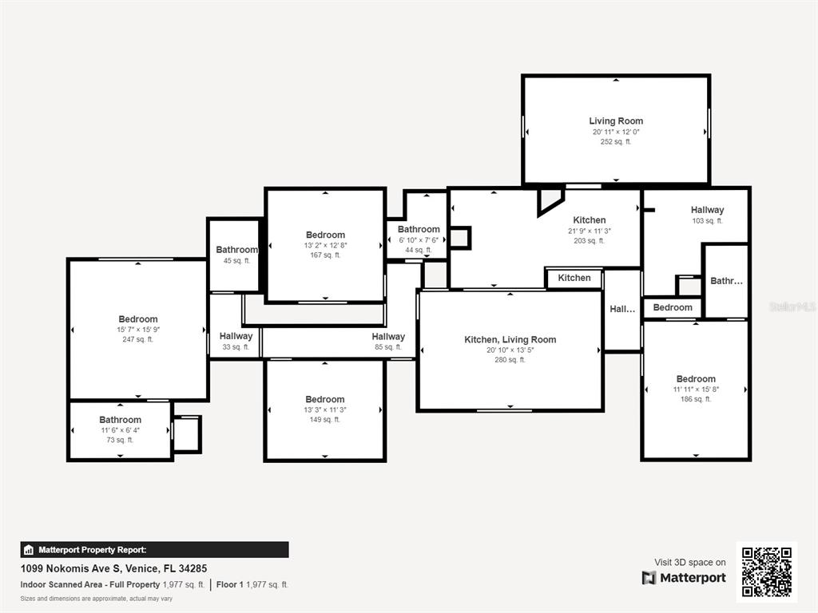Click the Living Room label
pyautogui.click(x=616, y=121)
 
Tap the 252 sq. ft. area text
pyautogui.click(x=616, y=142)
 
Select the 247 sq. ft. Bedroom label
pyautogui.click(x=138, y=319)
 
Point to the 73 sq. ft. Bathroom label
pyautogui.click(x=120, y=420)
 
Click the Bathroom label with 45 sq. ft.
pyautogui.click(x=236, y=250)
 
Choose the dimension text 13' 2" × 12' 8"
pyautogui.click(x=325, y=245)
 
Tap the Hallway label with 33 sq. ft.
pyautogui.click(x=236, y=337)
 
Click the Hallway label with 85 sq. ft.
pyautogui.click(x=388, y=337)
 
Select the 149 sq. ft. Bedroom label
pyautogui.click(x=325, y=399)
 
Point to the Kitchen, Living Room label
pyautogui.click(x=510, y=339)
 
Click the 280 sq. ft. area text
pyautogui.click(x=510, y=360)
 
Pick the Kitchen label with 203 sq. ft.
pyautogui.click(x=590, y=220)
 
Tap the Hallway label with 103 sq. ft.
pyautogui.click(x=708, y=210)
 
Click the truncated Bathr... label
pyautogui.click(x=726, y=281)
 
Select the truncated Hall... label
pyautogui.click(x=622, y=309)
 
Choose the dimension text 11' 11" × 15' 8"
pyautogui.click(x=696, y=390)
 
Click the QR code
pyautogui.click(x=766, y=571)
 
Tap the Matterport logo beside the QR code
pyautogui.click(x=684, y=578)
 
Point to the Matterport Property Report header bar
pyautogui.click(x=154, y=550)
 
